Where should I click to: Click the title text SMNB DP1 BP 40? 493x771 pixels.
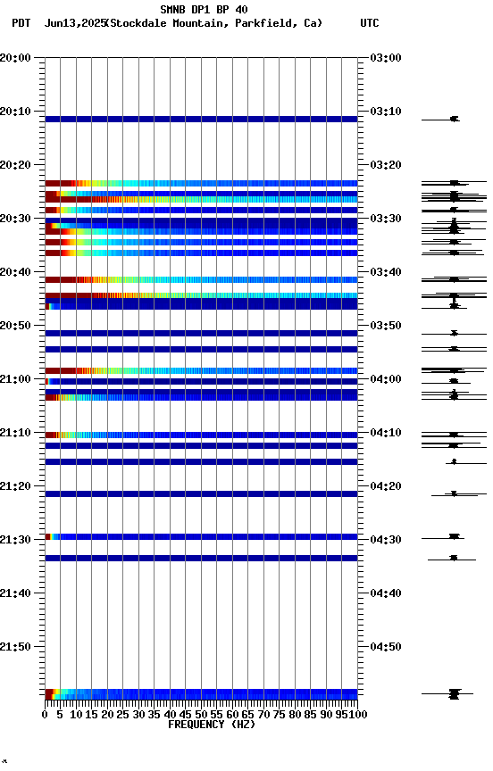click(204, 10)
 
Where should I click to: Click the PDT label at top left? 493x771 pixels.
click(21, 23)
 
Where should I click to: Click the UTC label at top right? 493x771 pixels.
click(370, 23)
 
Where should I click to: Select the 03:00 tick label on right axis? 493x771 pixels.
click(385, 58)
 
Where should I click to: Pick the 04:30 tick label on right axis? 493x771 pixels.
click(385, 540)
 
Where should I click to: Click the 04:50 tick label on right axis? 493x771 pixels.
click(385, 647)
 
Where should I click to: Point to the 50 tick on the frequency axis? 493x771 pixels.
click(201, 714)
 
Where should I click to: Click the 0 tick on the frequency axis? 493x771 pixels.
click(45, 714)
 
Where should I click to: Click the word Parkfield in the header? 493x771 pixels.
click(267, 23)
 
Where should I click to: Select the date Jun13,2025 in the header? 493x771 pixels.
click(74, 23)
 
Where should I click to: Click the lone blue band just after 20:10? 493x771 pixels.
click(201, 119)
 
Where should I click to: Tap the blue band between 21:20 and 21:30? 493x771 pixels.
click(201, 493)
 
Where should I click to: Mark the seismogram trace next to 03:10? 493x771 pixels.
click(454, 119)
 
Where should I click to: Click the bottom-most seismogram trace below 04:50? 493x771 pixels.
click(454, 693)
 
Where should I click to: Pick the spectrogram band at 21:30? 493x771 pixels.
click(201, 536)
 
